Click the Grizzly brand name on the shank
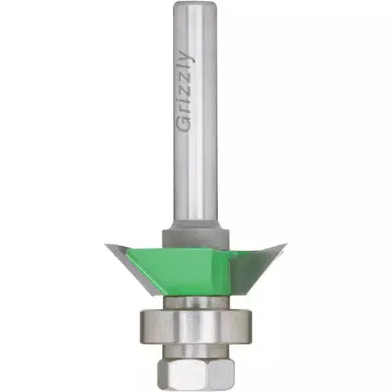(x=186, y=91)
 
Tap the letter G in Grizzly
(x=184, y=124)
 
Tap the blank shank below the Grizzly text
(x=195, y=178)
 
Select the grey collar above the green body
(x=195, y=237)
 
